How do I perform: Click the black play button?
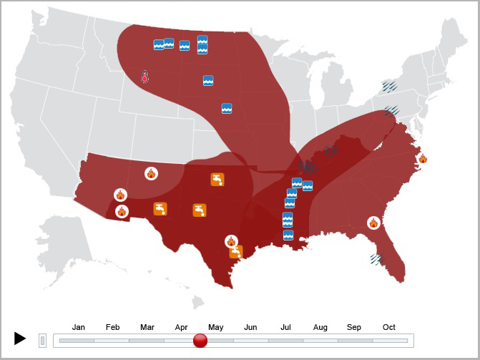pyautogui.click(x=20, y=339)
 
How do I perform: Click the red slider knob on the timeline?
pyautogui.click(x=200, y=341)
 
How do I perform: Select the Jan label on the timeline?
pyautogui.click(x=79, y=327)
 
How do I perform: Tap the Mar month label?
pyautogui.click(x=147, y=327)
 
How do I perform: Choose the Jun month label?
pyautogui.click(x=250, y=327)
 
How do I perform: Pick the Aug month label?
pyautogui.click(x=320, y=327)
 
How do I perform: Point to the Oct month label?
pyautogui.click(x=388, y=327)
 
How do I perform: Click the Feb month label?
pyautogui.click(x=113, y=327)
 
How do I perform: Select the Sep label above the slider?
pyautogui.click(x=354, y=327)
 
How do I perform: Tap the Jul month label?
pyautogui.click(x=285, y=327)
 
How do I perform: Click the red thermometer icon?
pyautogui.click(x=145, y=77)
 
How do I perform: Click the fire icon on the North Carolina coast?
pyautogui.click(x=423, y=158)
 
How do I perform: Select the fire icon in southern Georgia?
pyautogui.click(x=373, y=223)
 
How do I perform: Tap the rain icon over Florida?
pyautogui.click(x=377, y=258)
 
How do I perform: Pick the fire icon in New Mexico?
pyautogui.click(x=151, y=173)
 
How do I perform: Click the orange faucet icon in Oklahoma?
pyautogui.click(x=217, y=179)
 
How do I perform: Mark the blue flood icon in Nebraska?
pyautogui.click(x=227, y=108)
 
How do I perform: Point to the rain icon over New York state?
pyautogui.click(x=389, y=87)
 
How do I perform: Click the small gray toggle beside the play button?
pyautogui.click(x=42, y=341)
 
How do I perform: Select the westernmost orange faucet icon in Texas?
pyautogui.click(x=160, y=208)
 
